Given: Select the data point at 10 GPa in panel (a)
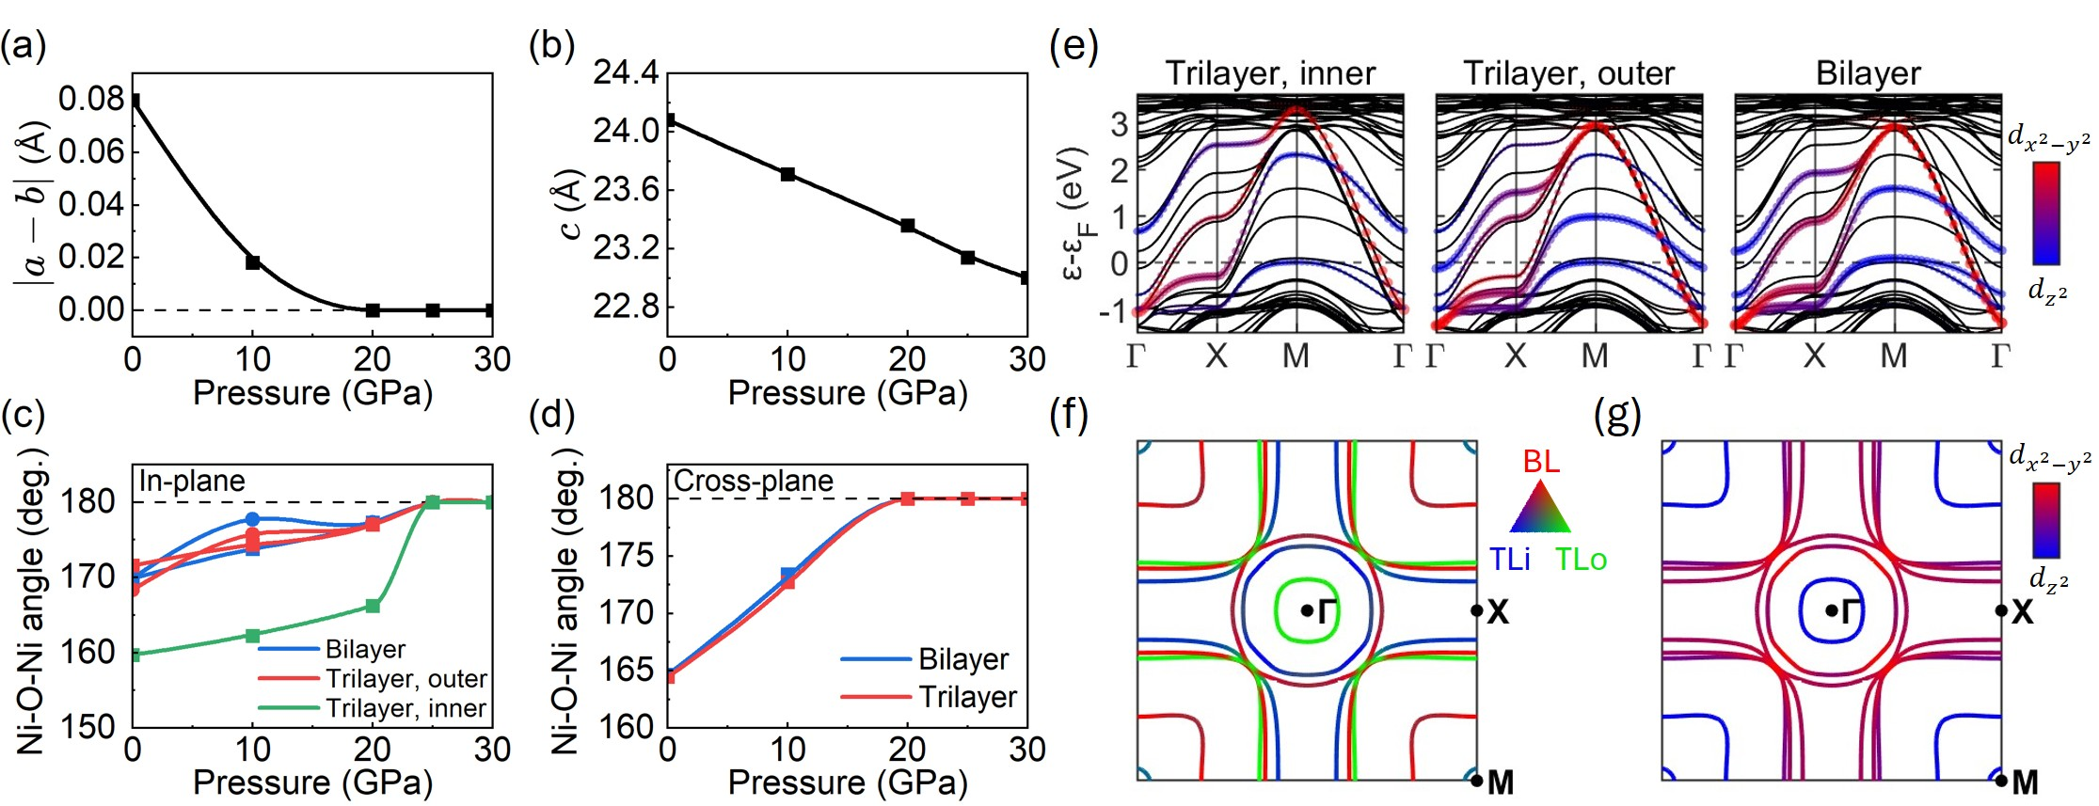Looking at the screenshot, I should click(252, 262).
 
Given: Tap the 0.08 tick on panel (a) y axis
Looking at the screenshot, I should click(91, 99).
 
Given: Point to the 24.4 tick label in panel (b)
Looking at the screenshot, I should click(626, 72).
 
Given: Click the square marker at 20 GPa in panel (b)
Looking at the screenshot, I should click(908, 226).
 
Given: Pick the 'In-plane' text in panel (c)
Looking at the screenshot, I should click(192, 482).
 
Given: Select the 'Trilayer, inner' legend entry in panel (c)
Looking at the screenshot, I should click(405, 708).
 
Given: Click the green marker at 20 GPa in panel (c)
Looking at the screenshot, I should click(373, 606).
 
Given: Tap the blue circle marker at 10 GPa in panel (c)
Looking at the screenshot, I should click(252, 519).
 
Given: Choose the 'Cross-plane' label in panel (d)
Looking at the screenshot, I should click(754, 482).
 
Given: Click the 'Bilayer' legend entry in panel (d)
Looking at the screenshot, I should click(962, 659).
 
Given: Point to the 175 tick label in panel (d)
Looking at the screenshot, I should click(627, 555).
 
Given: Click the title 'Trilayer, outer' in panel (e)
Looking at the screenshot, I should click(1568, 73).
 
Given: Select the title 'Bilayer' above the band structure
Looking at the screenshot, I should click(1868, 73).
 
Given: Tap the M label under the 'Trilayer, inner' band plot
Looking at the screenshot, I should click(1296, 356).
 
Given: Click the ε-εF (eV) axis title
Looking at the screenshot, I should click(1073, 214).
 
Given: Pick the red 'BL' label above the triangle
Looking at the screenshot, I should click(1540, 461).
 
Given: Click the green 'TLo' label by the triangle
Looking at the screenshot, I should click(1581, 561).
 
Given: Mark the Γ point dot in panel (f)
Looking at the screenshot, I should click(1307, 610).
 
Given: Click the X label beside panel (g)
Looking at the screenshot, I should click(2022, 612).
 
